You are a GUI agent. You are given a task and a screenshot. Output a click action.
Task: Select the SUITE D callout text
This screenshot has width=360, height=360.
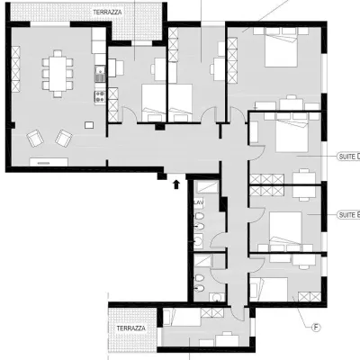(347, 155)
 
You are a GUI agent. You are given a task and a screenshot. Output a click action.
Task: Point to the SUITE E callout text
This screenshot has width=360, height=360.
(347, 215)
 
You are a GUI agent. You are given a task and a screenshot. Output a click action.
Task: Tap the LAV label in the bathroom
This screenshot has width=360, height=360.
(200, 203)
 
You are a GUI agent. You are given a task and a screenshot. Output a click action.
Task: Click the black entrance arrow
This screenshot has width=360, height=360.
(176, 184)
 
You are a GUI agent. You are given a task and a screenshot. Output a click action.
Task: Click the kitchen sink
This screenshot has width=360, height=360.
(101, 73)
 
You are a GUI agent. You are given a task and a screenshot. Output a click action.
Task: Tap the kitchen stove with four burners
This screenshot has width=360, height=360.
(101, 92)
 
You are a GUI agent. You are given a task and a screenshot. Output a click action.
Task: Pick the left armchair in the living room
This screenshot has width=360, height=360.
(35, 138)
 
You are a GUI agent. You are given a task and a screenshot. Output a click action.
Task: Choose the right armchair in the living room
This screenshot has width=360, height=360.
(64, 137)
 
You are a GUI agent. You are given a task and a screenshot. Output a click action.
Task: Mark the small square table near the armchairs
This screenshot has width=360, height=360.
(89, 124)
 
